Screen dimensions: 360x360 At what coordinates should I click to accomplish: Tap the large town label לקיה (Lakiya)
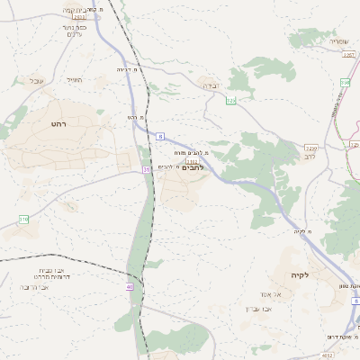pos(300,274)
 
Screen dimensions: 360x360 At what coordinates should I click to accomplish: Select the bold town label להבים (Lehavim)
pos(193,167)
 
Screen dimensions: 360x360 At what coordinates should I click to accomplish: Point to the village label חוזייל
pos(75,81)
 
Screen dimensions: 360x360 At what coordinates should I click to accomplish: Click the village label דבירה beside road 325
pos(210,85)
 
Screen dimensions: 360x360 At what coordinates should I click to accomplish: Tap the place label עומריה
pos(338,40)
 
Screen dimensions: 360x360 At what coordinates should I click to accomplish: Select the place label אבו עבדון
pos(259,310)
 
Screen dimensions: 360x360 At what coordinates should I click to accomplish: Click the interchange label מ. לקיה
pos(301,232)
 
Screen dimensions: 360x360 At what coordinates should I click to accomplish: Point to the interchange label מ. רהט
pos(136,118)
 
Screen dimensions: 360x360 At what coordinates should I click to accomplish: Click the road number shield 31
pos(146,168)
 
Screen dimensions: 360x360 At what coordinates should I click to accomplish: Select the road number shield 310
pos(23,219)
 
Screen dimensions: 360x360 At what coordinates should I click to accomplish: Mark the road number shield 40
pos(130,287)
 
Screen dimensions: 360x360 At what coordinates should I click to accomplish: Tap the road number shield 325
pos(230,101)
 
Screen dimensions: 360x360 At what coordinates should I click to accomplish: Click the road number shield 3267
pos(351,55)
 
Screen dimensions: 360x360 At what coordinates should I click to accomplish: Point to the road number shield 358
pos(344,84)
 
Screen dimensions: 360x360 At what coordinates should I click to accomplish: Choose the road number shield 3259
pos(311,148)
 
